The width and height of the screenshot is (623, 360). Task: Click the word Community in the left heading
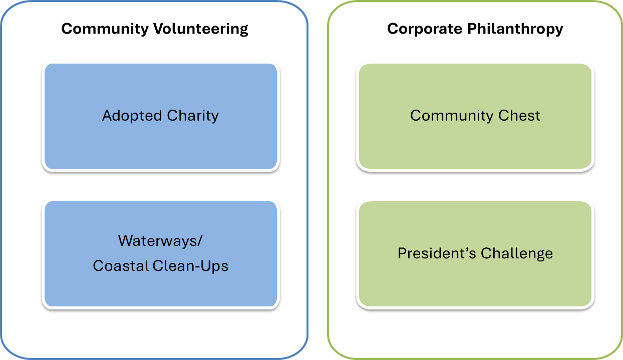click(105, 29)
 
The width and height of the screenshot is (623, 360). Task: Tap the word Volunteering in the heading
click(200, 29)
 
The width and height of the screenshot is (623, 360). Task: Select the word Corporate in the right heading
click(424, 29)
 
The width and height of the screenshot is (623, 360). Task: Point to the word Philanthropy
click(515, 29)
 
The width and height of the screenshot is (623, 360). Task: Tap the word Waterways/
click(160, 241)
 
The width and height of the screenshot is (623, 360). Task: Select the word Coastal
click(121, 266)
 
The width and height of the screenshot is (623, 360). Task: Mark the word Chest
click(519, 115)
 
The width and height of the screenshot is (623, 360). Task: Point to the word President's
click(437, 253)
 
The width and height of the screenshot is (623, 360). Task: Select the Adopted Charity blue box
click(161, 116)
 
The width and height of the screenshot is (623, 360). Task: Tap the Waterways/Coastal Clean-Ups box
click(161, 254)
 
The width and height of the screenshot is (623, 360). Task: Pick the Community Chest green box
click(475, 116)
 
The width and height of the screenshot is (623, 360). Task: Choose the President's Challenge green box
click(475, 254)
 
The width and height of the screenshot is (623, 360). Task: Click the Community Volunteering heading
click(155, 29)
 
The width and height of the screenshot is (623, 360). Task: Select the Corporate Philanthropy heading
click(475, 29)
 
